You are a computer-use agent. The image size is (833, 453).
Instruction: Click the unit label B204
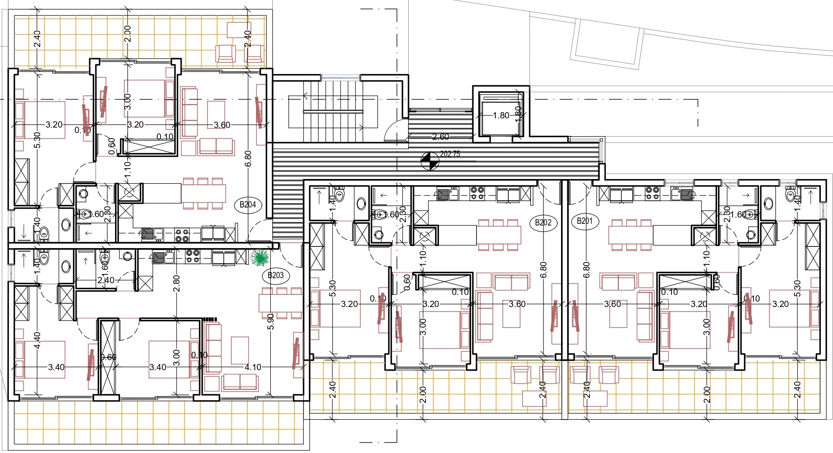point(248,205)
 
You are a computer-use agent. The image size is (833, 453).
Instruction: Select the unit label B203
point(275,275)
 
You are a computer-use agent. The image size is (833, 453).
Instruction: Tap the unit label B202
point(543,223)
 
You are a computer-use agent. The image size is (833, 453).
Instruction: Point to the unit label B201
point(584,221)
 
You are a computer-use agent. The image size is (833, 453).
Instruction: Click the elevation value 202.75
point(450,154)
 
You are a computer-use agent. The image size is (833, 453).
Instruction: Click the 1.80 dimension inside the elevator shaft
point(501,115)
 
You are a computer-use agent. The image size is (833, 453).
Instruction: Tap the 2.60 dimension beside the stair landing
point(440,136)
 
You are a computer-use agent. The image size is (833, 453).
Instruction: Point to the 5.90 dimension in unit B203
point(271,321)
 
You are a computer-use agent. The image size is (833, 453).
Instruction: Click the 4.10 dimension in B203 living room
point(253,367)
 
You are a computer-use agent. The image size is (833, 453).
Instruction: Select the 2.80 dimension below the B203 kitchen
point(177,283)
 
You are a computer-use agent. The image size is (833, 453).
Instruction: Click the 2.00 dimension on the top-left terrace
point(128,33)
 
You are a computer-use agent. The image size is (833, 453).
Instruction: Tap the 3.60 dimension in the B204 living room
point(222,125)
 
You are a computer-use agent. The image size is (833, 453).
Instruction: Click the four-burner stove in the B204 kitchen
point(182,235)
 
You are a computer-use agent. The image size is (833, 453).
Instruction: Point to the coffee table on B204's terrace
point(239,30)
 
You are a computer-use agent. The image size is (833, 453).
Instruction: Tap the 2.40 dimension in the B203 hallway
point(105,280)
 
